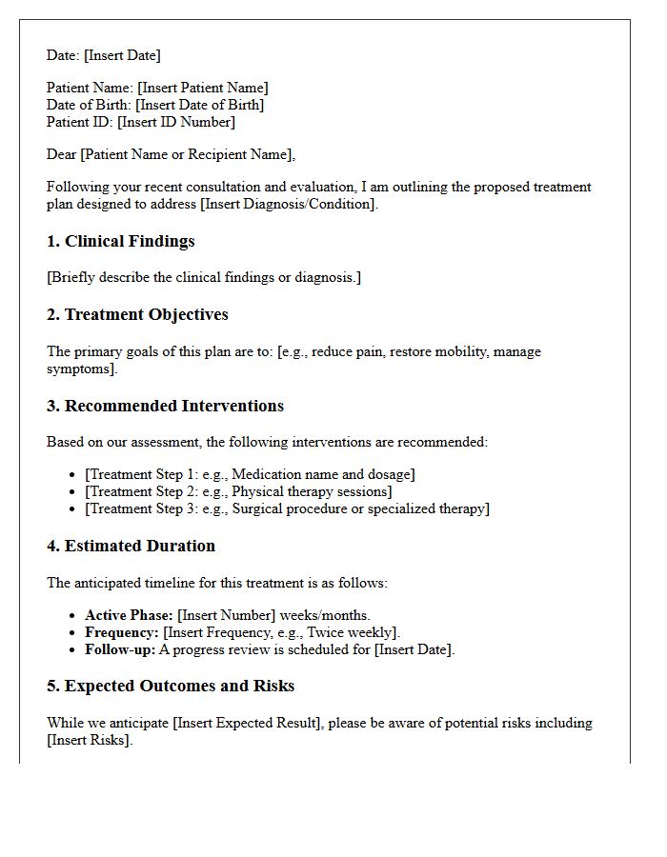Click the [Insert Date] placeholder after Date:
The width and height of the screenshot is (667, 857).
122,55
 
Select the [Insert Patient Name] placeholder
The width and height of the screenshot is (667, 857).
203,89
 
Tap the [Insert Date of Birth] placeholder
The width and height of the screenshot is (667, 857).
200,106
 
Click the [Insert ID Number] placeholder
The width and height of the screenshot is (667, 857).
176,123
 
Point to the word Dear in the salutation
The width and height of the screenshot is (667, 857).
62,155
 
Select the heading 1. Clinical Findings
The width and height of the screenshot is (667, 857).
120,242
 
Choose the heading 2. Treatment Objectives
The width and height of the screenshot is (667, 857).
137,315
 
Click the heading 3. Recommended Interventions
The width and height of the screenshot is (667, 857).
165,407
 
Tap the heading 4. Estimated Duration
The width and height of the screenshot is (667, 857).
131,547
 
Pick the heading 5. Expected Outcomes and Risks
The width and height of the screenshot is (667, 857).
171,687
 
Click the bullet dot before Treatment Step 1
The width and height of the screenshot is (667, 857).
72,475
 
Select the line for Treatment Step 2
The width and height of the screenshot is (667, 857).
238,492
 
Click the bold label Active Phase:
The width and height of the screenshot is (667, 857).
129,616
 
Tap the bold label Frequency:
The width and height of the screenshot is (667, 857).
122,633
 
